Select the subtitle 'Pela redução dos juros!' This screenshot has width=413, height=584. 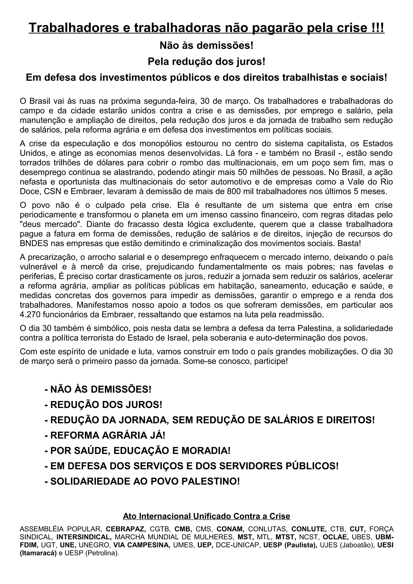[206, 61]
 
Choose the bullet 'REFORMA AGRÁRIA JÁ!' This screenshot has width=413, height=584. [105, 435]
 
